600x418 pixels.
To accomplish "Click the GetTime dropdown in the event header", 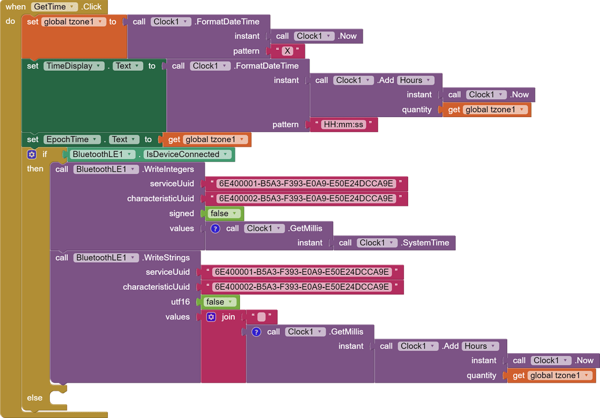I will (x=54, y=7).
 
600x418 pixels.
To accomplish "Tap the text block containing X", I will (x=287, y=51).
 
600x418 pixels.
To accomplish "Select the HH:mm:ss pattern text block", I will (x=343, y=125).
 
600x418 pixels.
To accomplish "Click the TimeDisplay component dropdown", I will (x=74, y=66).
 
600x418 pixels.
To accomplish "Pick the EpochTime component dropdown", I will (x=71, y=140).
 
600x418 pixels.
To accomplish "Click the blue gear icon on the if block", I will (x=32, y=155).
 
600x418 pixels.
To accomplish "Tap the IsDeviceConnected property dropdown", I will (x=187, y=155).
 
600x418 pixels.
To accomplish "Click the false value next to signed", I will (x=223, y=214).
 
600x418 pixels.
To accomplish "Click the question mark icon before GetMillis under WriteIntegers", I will (x=215, y=228).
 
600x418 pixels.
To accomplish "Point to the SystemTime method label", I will (x=427, y=243).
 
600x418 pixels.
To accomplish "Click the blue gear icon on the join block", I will (x=211, y=317).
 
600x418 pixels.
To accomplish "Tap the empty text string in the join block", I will (x=261, y=317).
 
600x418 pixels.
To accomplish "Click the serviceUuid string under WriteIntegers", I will (x=306, y=184).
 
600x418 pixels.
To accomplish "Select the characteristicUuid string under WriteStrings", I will (x=301, y=287).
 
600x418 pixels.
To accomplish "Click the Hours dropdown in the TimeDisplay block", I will (x=415, y=81).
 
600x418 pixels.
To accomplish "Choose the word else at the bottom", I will (x=35, y=398).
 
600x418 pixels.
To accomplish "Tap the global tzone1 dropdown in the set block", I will (x=73, y=22).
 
